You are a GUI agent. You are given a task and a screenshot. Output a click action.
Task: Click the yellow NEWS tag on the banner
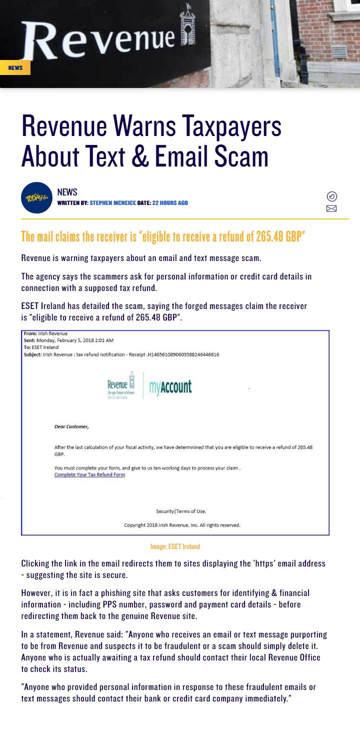[x=15, y=67]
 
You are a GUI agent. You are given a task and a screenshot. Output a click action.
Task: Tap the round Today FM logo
[x=36, y=197]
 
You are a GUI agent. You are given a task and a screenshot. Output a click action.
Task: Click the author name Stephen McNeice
[x=112, y=203]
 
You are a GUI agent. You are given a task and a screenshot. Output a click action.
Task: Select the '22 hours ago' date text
[x=170, y=203]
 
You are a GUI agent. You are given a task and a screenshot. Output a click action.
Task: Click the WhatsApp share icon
[x=331, y=196]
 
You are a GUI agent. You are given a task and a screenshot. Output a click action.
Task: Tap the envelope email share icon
[x=331, y=208]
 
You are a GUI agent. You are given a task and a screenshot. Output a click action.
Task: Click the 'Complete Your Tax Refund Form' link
[x=89, y=474]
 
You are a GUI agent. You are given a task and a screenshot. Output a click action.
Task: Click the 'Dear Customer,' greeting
[x=71, y=426]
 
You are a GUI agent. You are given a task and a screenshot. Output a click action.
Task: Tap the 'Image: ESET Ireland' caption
[x=175, y=546]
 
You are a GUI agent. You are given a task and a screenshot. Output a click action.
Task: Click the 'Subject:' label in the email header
[x=32, y=354]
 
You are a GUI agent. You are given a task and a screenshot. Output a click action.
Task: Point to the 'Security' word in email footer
[x=165, y=511]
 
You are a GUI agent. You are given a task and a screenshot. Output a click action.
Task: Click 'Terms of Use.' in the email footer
[x=191, y=511]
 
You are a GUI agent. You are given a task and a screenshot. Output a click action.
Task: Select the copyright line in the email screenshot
[x=182, y=525]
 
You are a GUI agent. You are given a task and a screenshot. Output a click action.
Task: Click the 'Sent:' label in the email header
[x=29, y=340]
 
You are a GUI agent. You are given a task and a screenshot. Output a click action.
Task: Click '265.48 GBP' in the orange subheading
[x=279, y=236]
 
